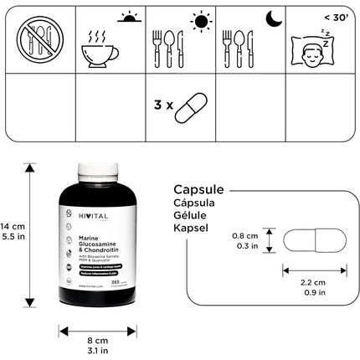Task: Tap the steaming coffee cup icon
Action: click(101, 49)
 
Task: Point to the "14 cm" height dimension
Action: click(11, 227)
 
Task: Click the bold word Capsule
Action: click(199, 188)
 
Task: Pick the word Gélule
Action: click(190, 215)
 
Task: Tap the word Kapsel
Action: click(189, 228)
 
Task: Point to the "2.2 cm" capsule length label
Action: click(311, 282)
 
